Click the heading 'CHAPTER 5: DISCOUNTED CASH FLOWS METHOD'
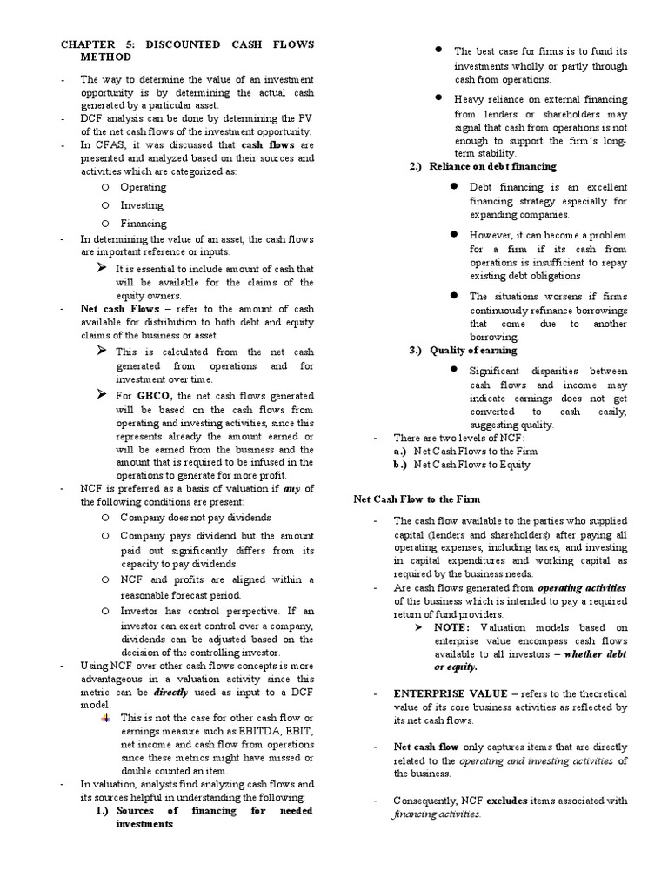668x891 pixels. tap(186, 50)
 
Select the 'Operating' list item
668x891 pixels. tap(143, 187)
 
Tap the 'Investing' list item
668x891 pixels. tap(141, 205)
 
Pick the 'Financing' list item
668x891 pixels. tap(143, 224)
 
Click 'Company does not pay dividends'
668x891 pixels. tap(195, 517)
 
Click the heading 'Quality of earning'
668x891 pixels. tap(474, 350)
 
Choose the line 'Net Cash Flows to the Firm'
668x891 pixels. tap(476, 451)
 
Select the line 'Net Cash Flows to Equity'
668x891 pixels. tap(472, 465)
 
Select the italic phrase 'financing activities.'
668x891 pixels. tap(437, 814)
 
